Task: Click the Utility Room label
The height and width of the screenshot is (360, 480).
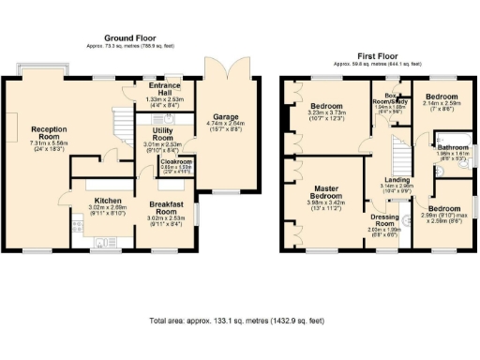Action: pos(170,134)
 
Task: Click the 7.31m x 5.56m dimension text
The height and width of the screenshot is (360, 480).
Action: pos(49,143)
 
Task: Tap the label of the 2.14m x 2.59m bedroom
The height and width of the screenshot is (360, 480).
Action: pos(442,97)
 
